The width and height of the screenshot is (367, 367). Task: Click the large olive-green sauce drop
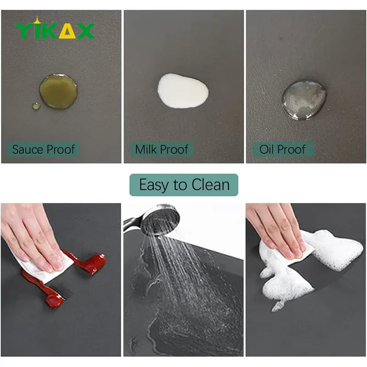coord(58,91)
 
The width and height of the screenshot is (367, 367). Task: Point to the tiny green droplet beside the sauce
coord(36,106)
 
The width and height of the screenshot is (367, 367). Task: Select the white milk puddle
coord(183,91)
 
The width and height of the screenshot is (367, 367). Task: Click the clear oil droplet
coord(304,100)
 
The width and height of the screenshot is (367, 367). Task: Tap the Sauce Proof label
coord(43,150)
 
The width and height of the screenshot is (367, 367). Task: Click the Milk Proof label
coord(161,150)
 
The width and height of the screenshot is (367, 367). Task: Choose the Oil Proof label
coord(283,150)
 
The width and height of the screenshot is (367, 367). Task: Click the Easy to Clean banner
coord(184,185)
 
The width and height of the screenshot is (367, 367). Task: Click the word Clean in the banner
coord(211,185)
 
